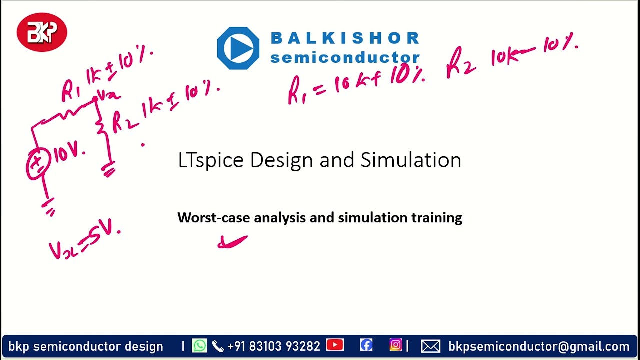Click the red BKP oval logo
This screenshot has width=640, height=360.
(42, 32)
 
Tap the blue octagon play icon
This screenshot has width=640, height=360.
(238, 48)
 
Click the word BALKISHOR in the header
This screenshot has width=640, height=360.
(345, 38)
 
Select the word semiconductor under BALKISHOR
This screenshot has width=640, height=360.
(345, 57)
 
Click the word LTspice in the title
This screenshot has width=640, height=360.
(211, 160)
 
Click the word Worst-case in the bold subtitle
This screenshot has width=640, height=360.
(214, 218)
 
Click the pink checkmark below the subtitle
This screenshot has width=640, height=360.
(233, 242)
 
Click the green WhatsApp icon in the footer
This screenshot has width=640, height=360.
(199, 346)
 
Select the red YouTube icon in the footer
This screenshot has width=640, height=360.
(335, 345)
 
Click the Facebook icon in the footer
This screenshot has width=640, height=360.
(366, 345)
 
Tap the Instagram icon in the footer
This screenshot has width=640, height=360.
(396, 345)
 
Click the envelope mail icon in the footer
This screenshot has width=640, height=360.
(431, 346)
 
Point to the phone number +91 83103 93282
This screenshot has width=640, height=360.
(273, 346)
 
